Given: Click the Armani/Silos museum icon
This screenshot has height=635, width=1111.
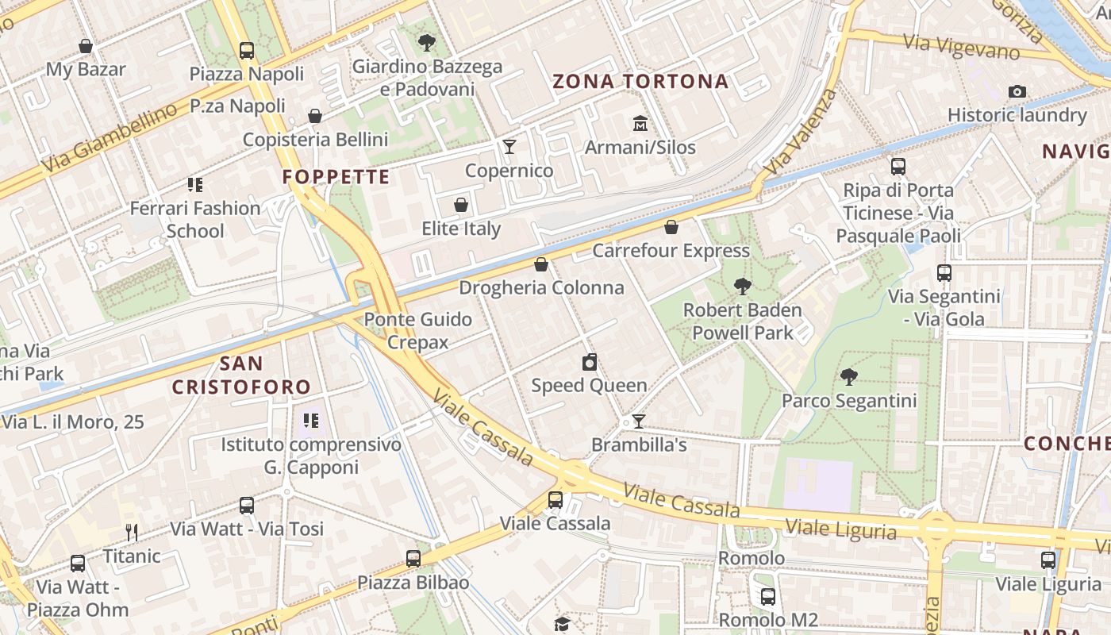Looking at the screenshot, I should pyautogui.click(x=640, y=124).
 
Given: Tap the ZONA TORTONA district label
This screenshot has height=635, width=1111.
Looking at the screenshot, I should pyautogui.click(x=640, y=81).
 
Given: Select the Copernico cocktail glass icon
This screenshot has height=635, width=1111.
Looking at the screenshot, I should pyautogui.click(x=509, y=147).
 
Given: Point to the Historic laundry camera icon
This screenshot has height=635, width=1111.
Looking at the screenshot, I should pyautogui.click(x=1017, y=92).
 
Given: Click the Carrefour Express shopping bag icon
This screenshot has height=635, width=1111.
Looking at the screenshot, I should pyautogui.click(x=671, y=228).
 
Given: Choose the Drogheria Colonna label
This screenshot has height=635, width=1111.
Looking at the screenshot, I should pyautogui.click(x=541, y=287).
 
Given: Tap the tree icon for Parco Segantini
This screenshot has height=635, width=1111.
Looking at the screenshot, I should pyautogui.click(x=849, y=376).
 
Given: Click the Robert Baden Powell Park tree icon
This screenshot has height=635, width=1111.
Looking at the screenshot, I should pyautogui.click(x=743, y=286).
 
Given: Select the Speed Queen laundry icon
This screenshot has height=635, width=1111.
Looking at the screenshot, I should pyautogui.click(x=590, y=363).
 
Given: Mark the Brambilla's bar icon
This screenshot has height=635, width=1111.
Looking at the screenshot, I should pyautogui.click(x=638, y=421).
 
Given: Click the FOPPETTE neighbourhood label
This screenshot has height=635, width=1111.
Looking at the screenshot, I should pyautogui.click(x=336, y=176).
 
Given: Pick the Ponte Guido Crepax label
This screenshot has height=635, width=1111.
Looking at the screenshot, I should pyautogui.click(x=418, y=330).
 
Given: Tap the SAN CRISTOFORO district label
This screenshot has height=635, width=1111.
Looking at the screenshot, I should pyautogui.click(x=241, y=375).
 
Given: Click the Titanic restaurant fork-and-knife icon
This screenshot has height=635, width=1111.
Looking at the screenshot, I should pyautogui.click(x=132, y=533).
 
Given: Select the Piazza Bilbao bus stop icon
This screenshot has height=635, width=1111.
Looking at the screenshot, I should pyautogui.click(x=413, y=559).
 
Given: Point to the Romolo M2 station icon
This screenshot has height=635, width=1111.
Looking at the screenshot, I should pyautogui.click(x=767, y=597).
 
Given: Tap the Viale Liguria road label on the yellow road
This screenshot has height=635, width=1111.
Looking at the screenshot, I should pyautogui.click(x=841, y=529).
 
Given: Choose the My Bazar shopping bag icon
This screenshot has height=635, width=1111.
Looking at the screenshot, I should pyautogui.click(x=85, y=46).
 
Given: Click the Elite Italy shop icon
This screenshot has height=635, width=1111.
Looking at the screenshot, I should pyautogui.click(x=461, y=206).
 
